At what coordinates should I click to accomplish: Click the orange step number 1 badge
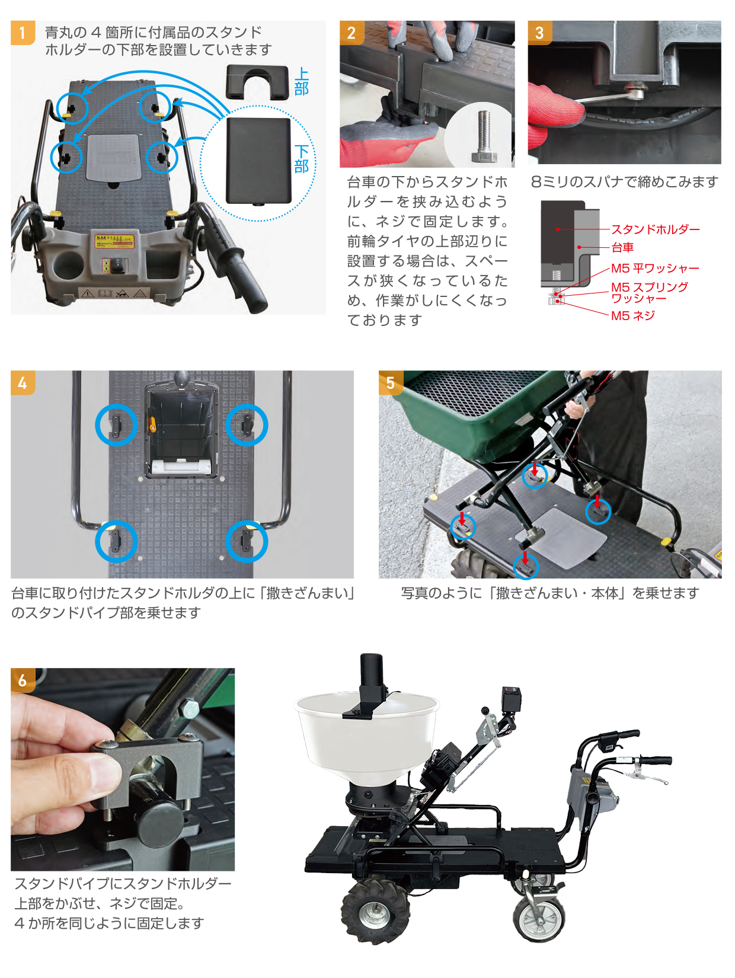coord(23,33)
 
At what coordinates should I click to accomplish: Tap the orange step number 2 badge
coord(351,33)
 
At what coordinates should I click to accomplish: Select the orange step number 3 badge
coord(539,33)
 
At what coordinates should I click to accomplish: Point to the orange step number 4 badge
coord(23,383)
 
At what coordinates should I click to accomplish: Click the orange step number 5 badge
coord(391,383)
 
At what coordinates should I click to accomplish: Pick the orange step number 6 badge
coord(23,680)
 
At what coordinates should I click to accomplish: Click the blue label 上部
coord(301,82)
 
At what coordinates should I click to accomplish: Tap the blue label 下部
coord(301,159)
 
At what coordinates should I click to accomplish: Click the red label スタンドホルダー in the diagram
coord(655,229)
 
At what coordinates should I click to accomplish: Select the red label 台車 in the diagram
coord(622,247)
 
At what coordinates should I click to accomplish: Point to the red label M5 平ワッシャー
coord(655,269)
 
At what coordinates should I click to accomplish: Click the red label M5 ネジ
coord(632,316)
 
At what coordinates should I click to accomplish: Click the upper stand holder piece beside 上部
coord(257,82)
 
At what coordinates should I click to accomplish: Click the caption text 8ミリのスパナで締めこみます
coord(625,182)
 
